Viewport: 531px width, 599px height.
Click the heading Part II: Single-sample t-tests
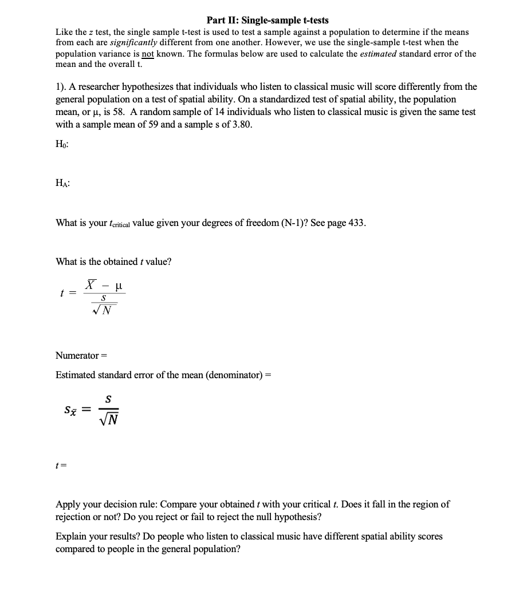click(x=268, y=20)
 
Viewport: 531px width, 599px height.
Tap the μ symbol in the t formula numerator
click(x=119, y=285)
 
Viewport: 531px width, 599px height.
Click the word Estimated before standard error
click(x=76, y=375)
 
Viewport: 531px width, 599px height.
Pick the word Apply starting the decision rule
click(x=68, y=505)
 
